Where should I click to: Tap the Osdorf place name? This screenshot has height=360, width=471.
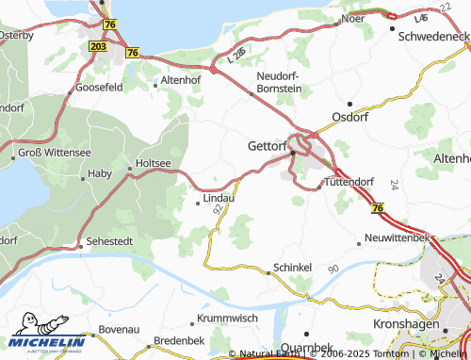pyautogui.click(x=349, y=117)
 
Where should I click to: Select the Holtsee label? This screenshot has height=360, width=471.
pyautogui.click(x=154, y=163)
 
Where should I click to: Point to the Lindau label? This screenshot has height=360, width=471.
pyautogui.click(x=218, y=199)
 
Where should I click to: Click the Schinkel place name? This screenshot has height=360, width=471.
pyautogui.click(x=292, y=268)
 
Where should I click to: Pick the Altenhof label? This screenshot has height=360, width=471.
pyautogui.click(x=182, y=82)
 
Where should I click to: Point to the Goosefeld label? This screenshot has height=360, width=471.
pyautogui.click(x=98, y=86)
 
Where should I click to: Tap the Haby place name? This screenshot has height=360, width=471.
pyautogui.click(x=99, y=173)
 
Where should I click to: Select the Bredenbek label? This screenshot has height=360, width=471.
pyautogui.click(x=178, y=338)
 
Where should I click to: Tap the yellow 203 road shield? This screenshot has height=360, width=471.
pyautogui.click(x=98, y=45)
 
